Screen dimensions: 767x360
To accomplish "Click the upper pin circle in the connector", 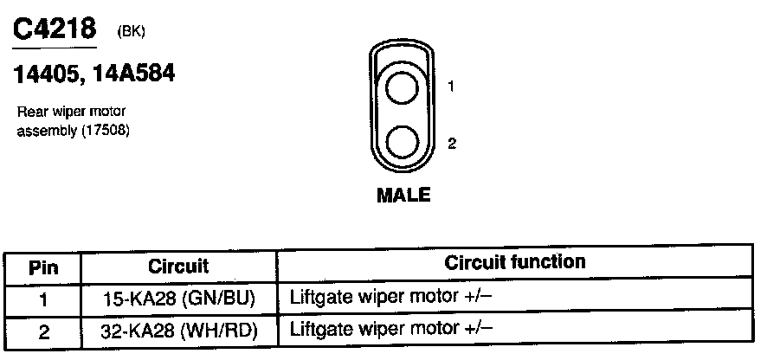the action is [403, 87].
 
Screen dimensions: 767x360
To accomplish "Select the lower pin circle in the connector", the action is [403, 142].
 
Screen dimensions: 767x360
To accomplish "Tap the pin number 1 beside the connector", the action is [452, 87].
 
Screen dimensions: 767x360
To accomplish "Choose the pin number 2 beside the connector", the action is [452, 144].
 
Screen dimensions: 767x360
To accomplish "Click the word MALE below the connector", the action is [403, 195].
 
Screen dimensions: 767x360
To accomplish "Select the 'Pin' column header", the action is [42, 267].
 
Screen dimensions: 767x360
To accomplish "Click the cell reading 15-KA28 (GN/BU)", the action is [179, 299].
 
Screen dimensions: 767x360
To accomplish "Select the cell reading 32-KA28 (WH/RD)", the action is [179, 330].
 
